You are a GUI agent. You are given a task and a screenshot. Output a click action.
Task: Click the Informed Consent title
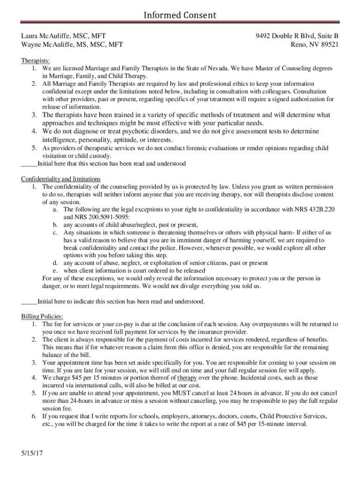[x=180, y=15]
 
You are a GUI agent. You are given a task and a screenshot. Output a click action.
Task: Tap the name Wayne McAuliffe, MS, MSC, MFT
[x=72, y=45]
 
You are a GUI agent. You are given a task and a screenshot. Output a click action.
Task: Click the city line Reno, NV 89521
[x=315, y=45]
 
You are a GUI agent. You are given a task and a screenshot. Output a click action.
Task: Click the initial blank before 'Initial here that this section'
[x=29, y=164]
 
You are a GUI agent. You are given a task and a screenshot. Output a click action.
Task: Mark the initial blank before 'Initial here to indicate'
[x=29, y=302]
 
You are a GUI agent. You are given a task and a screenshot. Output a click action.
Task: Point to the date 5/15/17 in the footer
[x=32, y=454]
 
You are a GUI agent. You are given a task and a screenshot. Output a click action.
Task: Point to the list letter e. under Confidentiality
[x=55, y=271]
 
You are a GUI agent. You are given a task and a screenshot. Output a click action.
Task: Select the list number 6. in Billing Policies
[x=35, y=416]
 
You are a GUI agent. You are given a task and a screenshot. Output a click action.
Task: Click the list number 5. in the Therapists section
[x=35, y=148]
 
